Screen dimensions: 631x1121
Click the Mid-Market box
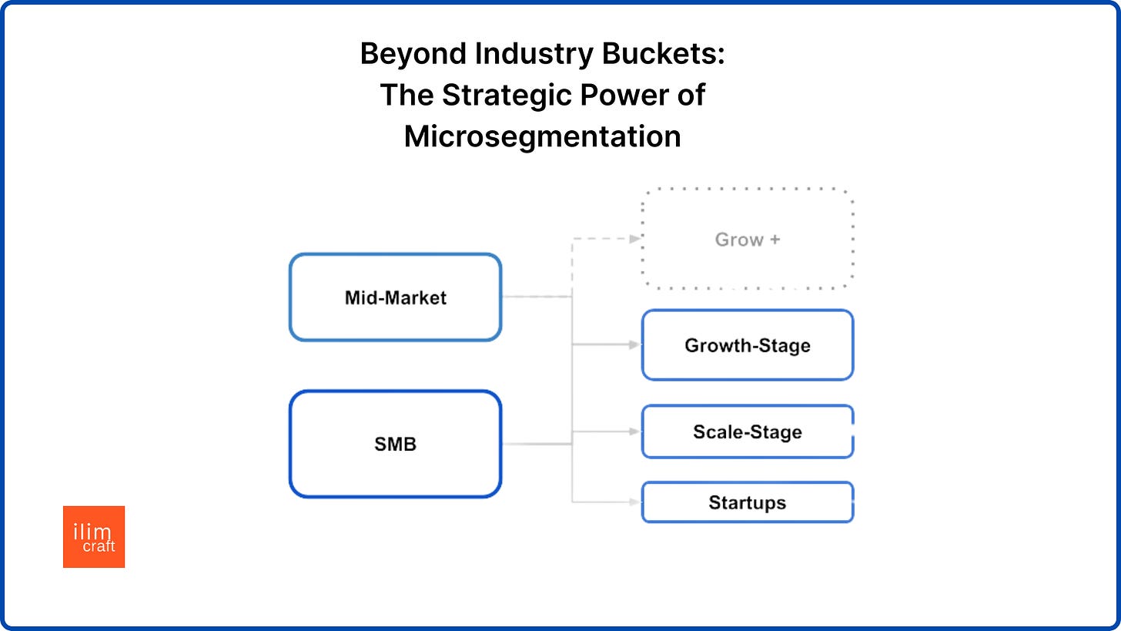coord(395,297)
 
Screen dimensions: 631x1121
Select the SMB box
coord(395,444)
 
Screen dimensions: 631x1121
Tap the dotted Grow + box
coord(748,240)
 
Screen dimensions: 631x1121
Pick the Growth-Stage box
coord(748,345)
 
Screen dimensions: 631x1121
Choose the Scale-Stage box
coord(748,431)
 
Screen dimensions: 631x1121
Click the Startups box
coord(748,502)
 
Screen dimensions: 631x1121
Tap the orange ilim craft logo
coord(94,537)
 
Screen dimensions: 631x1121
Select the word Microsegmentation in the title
coord(542,136)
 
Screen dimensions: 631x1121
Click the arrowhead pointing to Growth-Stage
coord(635,345)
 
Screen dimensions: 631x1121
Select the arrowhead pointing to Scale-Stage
coord(635,431)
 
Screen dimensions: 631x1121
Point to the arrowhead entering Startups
coord(635,502)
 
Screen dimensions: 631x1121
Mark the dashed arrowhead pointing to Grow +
coord(635,239)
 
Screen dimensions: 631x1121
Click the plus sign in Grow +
coord(774,240)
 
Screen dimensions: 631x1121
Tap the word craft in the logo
coord(99,546)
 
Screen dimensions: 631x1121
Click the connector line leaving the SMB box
coord(535,444)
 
